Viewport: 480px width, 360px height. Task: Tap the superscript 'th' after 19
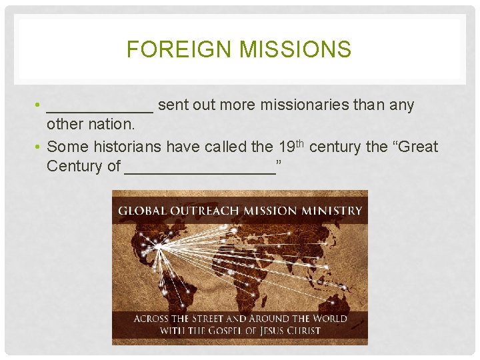pos(301,142)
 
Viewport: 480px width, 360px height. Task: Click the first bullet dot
pos(40,105)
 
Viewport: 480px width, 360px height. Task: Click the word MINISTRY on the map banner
pos(331,211)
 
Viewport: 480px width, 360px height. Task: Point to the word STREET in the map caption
pos(209,318)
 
